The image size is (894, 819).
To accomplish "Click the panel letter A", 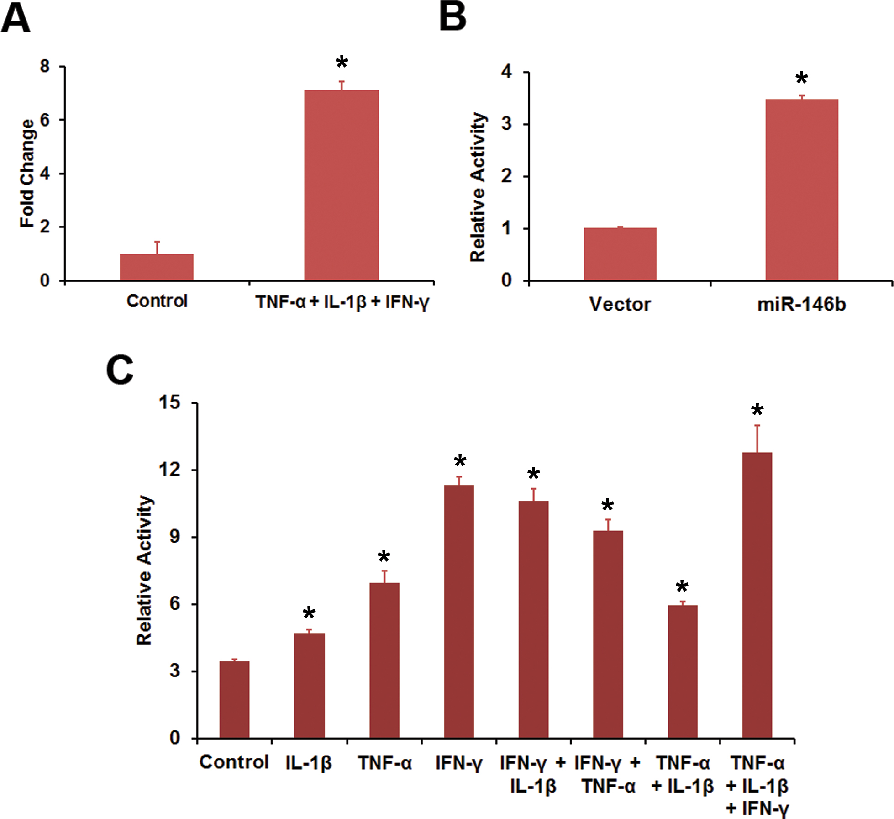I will pos(16,19).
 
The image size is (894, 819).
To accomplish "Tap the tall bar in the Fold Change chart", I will pos(342,185).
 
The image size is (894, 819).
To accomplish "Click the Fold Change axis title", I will pos(27,174).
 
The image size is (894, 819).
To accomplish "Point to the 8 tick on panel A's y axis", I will pos(45,67).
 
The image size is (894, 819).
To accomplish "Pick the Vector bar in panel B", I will pos(620,254).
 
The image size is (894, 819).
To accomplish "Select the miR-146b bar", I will pos(802,190).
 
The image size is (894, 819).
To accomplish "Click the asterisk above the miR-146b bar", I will pos(801,79).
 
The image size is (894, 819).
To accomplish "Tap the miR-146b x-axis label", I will pos(802,304).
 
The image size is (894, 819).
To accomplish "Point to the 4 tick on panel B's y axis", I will pos(506,72).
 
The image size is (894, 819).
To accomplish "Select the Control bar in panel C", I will pos(234,699).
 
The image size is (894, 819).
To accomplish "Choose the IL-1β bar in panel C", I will pos(309,685).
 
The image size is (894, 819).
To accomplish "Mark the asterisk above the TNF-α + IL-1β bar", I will pos(682,587).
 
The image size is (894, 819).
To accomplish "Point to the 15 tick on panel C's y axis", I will pos(169,403).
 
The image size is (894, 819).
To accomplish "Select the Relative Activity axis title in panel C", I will pos(145,570).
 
